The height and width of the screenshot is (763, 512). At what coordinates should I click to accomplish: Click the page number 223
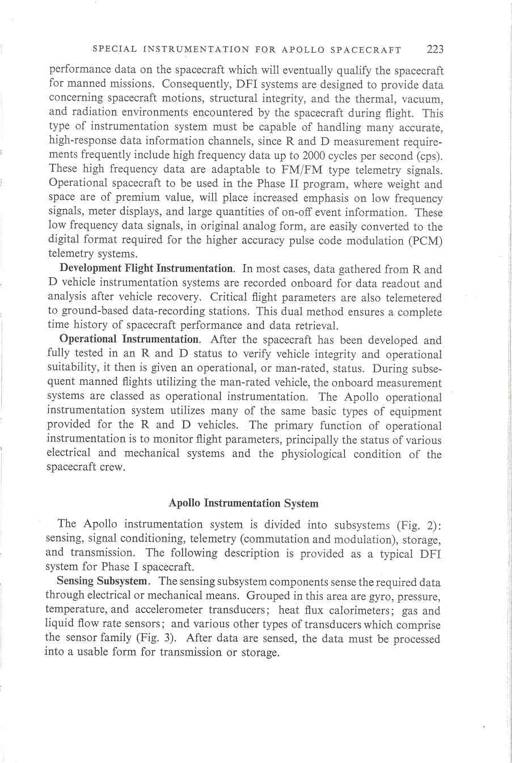pos(435,49)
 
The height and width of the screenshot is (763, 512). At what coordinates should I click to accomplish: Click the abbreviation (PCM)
pos(424,241)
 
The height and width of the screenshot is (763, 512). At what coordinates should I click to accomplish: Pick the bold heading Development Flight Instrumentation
pos(146,269)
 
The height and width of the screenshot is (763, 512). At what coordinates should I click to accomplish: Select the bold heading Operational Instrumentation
pos(129,340)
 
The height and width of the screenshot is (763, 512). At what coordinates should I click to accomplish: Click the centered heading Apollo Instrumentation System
pos(244,503)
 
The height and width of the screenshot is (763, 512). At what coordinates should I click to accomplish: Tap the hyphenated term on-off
pos(324,213)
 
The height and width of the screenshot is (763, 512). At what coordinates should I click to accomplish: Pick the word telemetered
pos(413,298)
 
